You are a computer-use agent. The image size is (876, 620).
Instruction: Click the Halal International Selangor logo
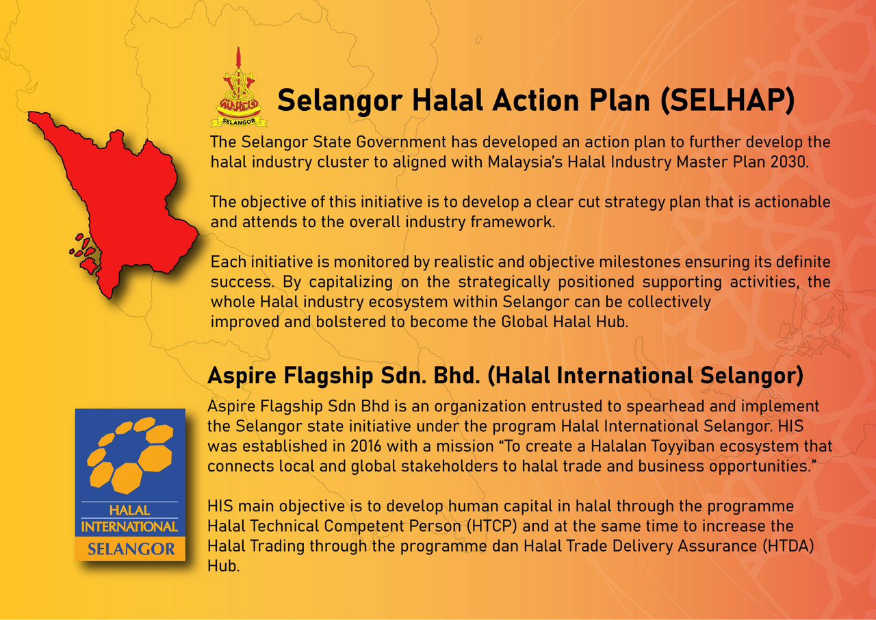pos(130,485)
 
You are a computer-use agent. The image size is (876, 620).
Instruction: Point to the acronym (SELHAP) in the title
pos(727,101)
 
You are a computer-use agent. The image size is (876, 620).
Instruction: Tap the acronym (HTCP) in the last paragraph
pos(492,526)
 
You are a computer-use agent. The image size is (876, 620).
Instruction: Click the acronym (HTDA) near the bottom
pos(788,545)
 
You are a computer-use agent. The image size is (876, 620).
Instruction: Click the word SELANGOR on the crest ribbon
pos(239,122)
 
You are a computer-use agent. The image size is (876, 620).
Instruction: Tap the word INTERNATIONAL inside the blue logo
pos(130,526)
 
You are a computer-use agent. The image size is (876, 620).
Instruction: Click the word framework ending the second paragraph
pos(513,222)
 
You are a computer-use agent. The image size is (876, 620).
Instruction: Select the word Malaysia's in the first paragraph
pos(525,162)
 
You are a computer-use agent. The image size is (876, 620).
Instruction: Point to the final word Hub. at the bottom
pos(223,566)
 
